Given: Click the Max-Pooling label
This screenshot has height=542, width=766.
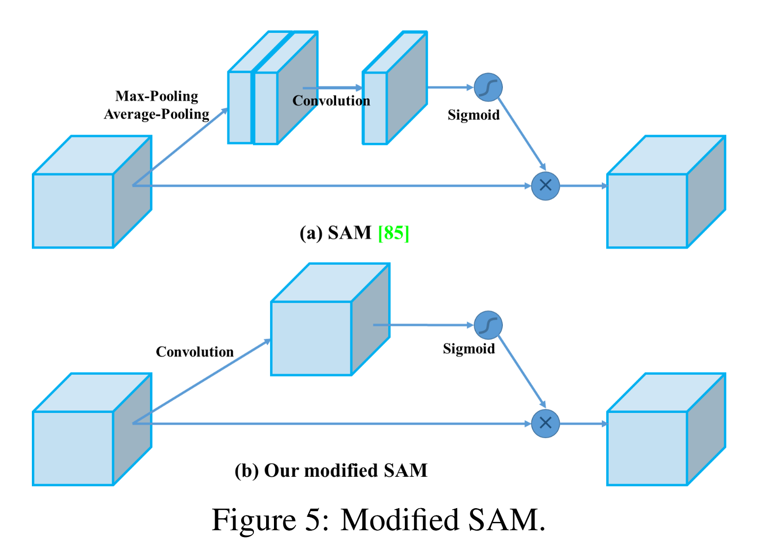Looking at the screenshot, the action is [157, 96].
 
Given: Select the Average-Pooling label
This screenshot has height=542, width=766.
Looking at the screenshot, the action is [157, 114].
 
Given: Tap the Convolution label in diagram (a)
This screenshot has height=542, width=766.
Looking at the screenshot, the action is [331, 101].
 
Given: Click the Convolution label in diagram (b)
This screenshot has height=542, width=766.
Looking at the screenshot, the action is [195, 352].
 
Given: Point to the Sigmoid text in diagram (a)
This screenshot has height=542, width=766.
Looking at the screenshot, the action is [473, 115].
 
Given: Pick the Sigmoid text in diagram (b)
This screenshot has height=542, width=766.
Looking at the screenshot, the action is [469, 349].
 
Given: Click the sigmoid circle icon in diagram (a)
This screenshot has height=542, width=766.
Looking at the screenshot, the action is [488, 87].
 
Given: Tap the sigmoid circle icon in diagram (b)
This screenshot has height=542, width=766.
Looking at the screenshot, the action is [488, 325].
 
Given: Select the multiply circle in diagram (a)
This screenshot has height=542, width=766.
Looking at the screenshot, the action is [545, 186].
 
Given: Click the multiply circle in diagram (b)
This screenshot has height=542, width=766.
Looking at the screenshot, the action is [545, 424].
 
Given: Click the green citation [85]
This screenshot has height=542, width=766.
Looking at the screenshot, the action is [394, 233].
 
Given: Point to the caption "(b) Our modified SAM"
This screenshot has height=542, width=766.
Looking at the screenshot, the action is [331, 470].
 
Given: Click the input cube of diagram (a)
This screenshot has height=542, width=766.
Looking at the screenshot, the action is [92, 192].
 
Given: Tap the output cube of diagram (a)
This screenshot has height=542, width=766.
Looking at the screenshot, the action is [666, 192].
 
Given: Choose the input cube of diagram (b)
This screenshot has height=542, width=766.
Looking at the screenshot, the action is [92, 429].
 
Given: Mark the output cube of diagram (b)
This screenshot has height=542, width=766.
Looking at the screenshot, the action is [666, 429].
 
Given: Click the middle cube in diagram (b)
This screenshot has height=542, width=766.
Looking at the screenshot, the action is [330, 319].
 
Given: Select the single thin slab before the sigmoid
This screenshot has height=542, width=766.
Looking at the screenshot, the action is [395, 88].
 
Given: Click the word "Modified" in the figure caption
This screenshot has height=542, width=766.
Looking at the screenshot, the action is [399, 520].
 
